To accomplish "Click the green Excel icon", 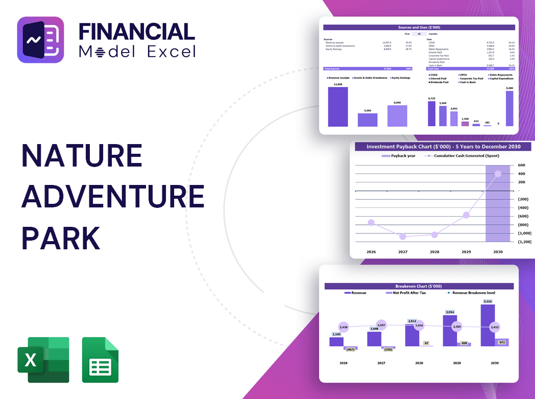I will pyautogui.click(x=43, y=360).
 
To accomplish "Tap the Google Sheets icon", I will pyautogui.click(x=100, y=360).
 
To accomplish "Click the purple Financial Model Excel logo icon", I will pyautogui.click(x=40, y=40).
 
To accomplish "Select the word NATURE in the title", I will pyautogui.click(x=82, y=156).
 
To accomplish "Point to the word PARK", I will pyautogui.click(x=61, y=238).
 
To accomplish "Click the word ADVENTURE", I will pyautogui.click(x=113, y=197).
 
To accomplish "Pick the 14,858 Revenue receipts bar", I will pyautogui.click(x=338, y=107).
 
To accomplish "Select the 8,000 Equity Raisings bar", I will pyautogui.click(x=397, y=116).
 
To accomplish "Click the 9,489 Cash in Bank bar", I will pyautogui.click(x=509, y=108).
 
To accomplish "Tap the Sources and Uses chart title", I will pyautogui.click(x=419, y=27).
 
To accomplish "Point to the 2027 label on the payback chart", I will pyautogui.click(x=403, y=252).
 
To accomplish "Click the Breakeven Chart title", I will pyautogui.click(x=419, y=286).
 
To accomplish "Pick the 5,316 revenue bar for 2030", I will pyautogui.click(x=488, y=325).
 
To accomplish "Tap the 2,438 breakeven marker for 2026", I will pyautogui.click(x=343, y=327).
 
